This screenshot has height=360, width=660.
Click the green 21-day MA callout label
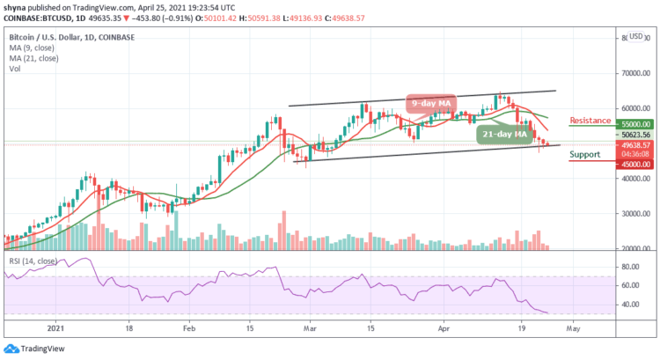pyautogui.click(x=504, y=135)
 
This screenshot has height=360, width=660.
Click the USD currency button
pyautogui.click(x=635, y=37)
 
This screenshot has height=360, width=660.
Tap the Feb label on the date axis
pyautogui.click(x=188, y=325)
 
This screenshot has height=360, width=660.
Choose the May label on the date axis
pyautogui.click(x=573, y=325)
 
